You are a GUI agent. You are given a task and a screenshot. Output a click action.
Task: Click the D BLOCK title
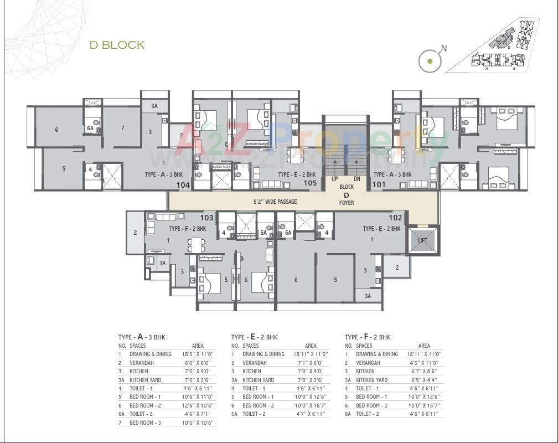[117, 45]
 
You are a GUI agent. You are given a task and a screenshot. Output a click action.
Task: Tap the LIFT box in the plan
[422, 240]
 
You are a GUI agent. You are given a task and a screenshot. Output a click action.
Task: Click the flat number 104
[183, 185]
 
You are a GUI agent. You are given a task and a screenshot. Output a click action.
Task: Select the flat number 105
[310, 183]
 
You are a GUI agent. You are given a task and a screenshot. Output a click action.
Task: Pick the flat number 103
[206, 218]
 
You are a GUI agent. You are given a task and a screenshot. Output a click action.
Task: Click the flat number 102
[395, 218]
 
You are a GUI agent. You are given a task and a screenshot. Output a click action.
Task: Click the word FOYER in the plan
[347, 203]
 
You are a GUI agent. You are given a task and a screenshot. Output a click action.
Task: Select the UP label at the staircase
[335, 179]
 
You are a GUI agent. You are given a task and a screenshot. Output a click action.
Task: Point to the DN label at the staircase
[357, 179]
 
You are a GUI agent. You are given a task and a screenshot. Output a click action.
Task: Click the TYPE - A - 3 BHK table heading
[142, 337]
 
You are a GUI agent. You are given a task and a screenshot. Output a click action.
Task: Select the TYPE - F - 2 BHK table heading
[368, 337]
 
